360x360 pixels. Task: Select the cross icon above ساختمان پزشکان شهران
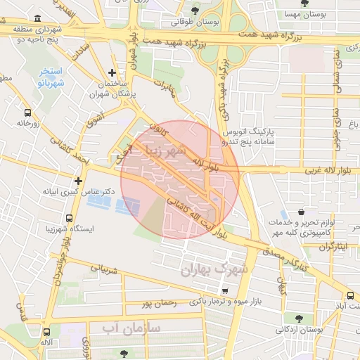[x=112, y=72]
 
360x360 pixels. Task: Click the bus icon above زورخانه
[x=28, y=112]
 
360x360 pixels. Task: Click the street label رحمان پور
[x=156, y=304]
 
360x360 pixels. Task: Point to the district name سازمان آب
[x=131, y=328]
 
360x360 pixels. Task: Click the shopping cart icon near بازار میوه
[x=224, y=290]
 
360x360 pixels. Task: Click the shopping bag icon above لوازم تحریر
[x=302, y=212]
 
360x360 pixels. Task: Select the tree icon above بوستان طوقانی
[x=195, y=10]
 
